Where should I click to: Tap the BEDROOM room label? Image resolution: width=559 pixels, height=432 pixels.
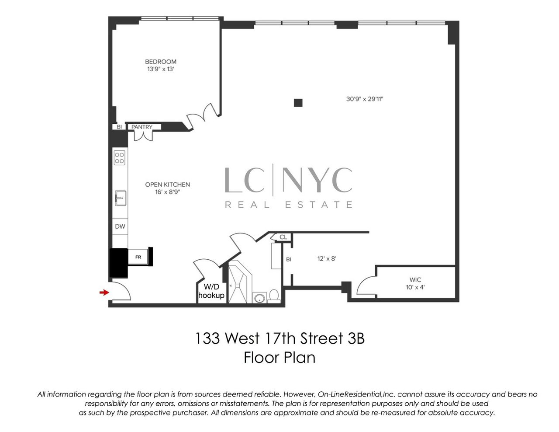161,62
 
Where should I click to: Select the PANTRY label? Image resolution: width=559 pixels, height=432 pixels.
142,127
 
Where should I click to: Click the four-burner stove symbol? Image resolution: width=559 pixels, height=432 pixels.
120,158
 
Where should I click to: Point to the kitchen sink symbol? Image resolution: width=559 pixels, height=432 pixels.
120,198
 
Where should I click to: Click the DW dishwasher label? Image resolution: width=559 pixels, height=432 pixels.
120,226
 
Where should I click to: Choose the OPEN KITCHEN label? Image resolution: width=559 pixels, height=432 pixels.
168,185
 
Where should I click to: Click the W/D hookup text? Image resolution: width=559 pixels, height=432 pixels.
211,291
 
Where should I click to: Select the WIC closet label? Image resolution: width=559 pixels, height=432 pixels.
415,280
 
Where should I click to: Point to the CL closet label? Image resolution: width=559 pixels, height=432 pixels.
283,237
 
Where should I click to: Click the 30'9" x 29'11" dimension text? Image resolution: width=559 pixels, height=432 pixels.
365,99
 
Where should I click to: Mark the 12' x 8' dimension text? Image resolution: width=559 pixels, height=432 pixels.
327,258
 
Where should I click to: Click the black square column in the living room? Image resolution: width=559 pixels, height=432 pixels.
298,103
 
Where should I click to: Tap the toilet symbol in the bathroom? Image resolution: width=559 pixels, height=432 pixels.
274,296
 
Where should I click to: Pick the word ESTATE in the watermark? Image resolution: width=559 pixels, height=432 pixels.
319,205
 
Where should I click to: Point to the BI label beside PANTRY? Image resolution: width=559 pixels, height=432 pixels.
119,127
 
